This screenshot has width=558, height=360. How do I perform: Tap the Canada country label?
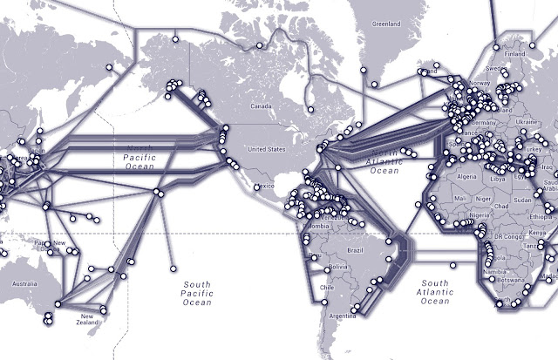tap(262, 107)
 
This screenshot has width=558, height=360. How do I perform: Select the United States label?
tap(267, 149)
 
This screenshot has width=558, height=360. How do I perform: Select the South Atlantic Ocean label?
tap(433, 292)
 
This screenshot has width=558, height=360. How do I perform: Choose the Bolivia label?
tap(327, 258)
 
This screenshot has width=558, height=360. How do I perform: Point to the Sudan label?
tap(521, 198)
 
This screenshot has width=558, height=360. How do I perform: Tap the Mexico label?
tap(265, 187)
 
